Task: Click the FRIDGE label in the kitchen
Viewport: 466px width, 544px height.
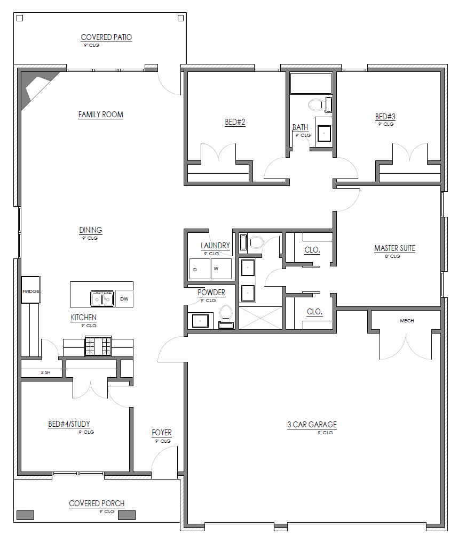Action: [31, 291]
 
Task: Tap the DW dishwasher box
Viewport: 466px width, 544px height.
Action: [124, 299]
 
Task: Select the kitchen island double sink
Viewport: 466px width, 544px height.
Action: [102, 299]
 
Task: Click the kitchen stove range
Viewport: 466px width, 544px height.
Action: [98, 346]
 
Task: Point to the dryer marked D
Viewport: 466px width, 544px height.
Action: [200, 269]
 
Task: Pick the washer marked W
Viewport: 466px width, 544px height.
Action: [221, 269]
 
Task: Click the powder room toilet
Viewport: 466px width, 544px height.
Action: [226, 316]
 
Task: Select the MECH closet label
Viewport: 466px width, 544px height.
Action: [407, 321]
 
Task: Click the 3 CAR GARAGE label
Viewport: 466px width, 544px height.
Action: [312, 425]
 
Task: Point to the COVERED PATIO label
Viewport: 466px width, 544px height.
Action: [106, 37]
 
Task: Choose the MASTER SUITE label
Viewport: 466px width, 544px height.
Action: [395, 248]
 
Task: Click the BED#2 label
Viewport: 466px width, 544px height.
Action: [235, 122]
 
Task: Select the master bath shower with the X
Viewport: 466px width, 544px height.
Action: [260, 318]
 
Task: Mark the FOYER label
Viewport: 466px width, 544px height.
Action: [162, 433]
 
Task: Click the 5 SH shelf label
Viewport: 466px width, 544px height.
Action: [45, 372]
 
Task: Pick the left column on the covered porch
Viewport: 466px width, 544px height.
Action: [26, 515]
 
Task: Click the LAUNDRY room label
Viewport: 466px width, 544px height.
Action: [215, 246]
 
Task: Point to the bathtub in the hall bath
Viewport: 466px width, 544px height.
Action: [311, 83]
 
